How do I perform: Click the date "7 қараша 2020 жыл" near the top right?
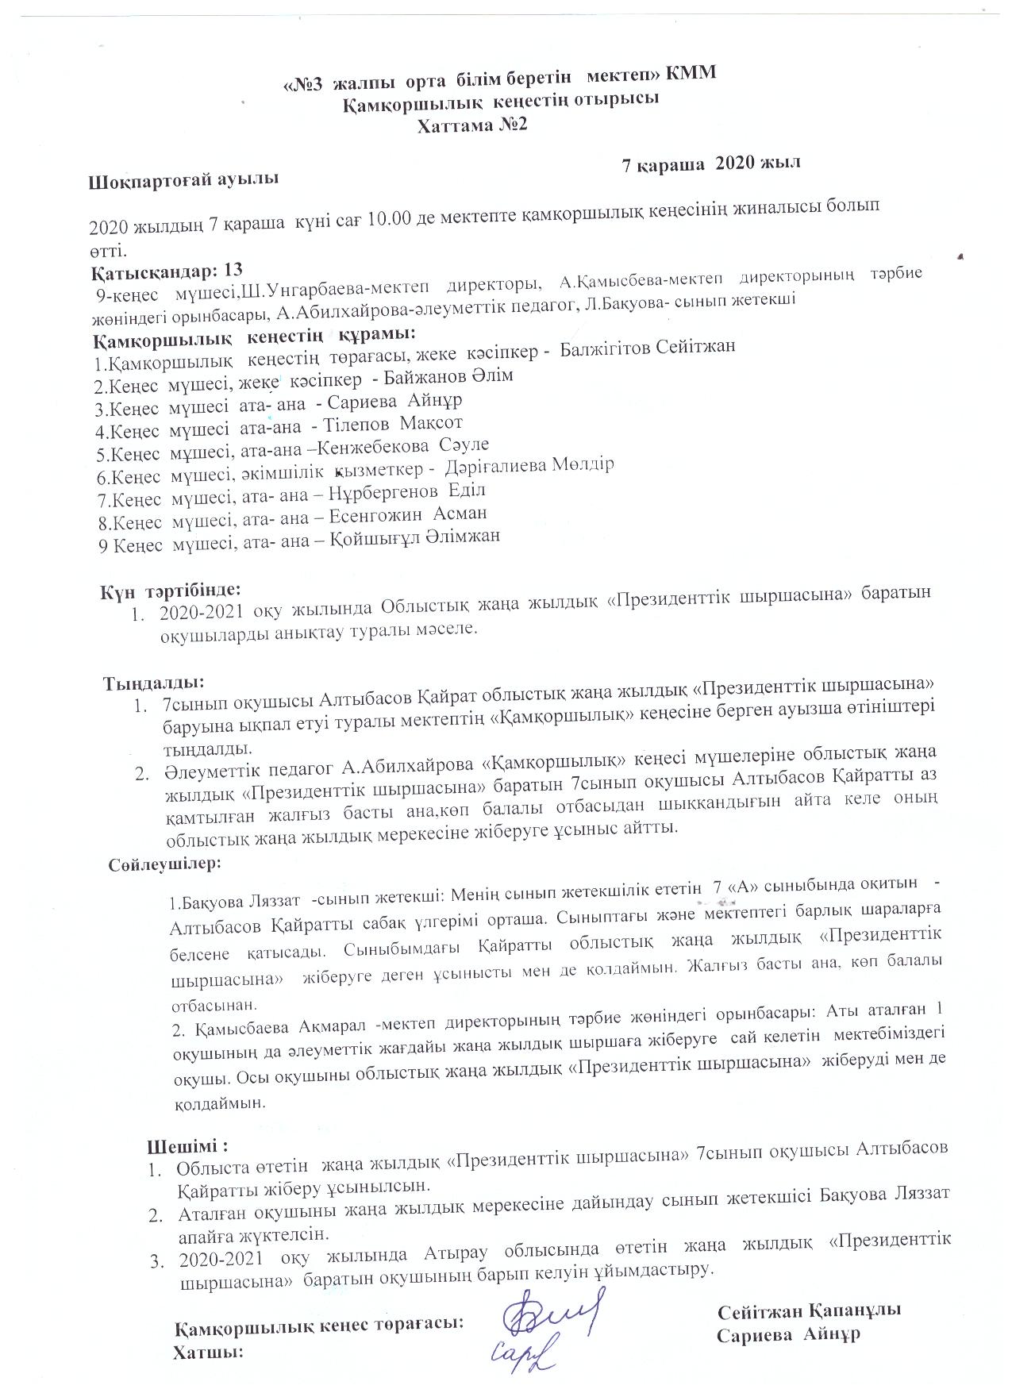[710, 164]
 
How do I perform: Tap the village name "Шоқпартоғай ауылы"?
[183, 179]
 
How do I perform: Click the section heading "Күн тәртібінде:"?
[168, 591]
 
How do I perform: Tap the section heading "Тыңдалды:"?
[153, 682]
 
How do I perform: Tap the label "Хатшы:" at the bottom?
[208, 1352]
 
